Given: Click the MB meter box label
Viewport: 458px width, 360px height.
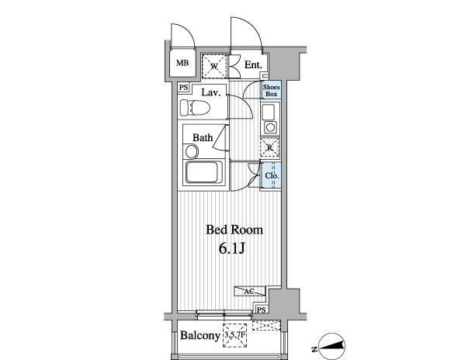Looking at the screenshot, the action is [x=182, y=63].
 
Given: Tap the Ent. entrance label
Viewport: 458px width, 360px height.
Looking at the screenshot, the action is [x=252, y=65].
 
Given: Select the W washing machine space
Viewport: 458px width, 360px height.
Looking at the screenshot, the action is [x=214, y=66].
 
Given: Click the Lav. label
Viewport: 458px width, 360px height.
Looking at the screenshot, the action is [x=210, y=93].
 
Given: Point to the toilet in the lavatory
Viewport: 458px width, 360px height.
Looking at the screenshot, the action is [x=195, y=108].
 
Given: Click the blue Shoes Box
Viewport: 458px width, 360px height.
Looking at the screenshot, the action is [x=272, y=90].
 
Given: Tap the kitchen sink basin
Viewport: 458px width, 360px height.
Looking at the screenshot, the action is [x=268, y=112].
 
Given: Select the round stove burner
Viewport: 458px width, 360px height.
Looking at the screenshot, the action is [x=270, y=127].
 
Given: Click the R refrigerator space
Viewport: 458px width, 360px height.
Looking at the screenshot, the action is [x=270, y=148].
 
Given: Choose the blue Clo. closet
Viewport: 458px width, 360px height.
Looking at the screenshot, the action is [x=272, y=175].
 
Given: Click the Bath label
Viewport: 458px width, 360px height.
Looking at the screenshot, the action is [x=203, y=137].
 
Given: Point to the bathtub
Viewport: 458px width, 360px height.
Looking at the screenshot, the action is [x=203, y=172].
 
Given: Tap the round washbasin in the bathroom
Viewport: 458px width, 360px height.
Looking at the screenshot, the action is [x=192, y=152].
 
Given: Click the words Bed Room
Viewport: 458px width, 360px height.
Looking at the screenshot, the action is [x=234, y=230].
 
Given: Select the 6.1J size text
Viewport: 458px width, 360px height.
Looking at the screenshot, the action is [x=231, y=248].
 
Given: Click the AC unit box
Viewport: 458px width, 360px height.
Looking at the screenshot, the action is [x=250, y=291].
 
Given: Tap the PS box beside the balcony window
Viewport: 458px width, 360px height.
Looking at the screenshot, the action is [x=262, y=310].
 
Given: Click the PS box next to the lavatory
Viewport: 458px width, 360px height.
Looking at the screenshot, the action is [x=183, y=88].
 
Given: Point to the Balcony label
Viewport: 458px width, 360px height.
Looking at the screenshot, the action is [x=200, y=335].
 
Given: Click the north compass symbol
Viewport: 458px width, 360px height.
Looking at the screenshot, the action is [x=331, y=347].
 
